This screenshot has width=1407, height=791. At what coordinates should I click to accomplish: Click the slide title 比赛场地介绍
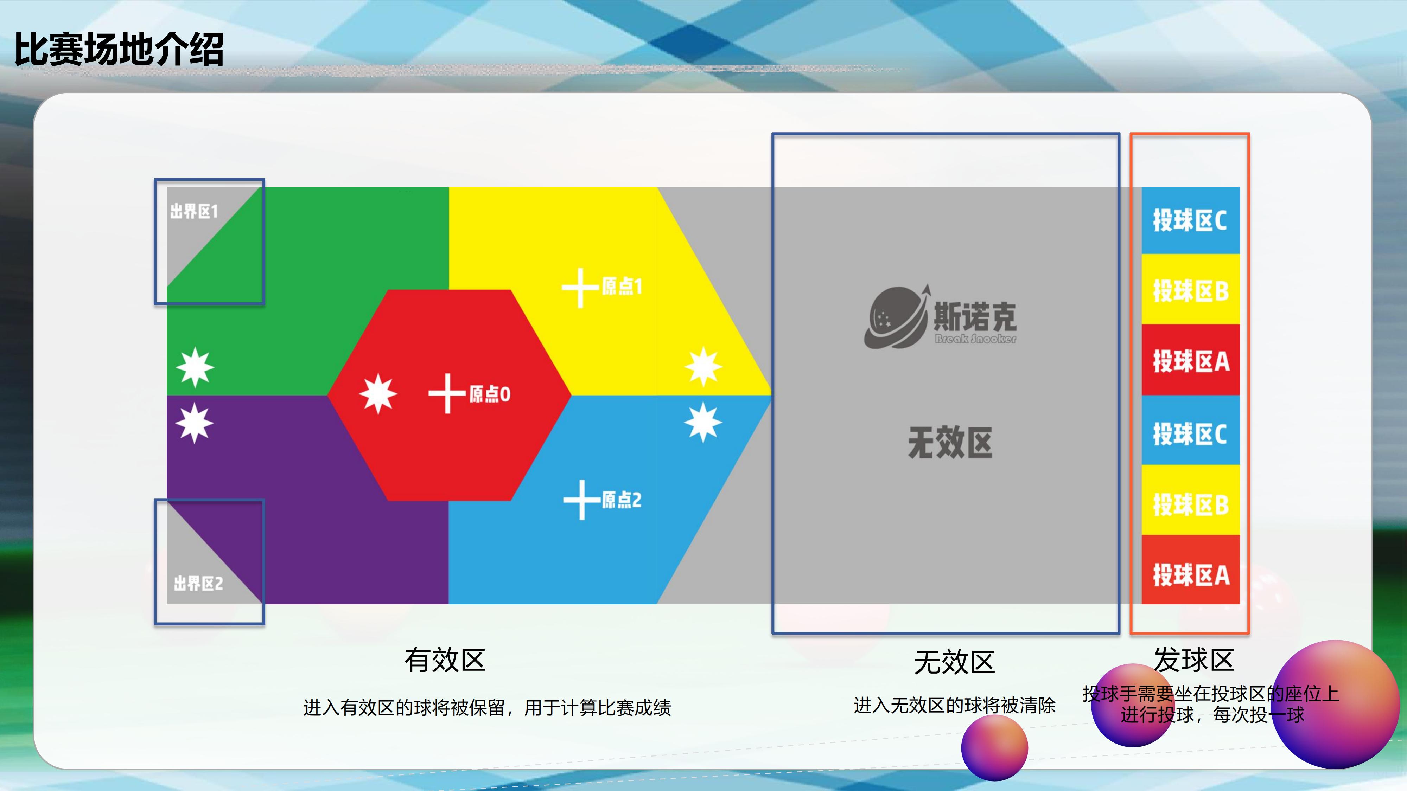coord(119,49)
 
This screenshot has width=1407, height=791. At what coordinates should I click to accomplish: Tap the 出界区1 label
coord(194,211)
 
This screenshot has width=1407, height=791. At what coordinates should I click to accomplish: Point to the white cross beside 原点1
coord(580,288)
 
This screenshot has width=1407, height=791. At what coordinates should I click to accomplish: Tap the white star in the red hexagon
coord(378,394)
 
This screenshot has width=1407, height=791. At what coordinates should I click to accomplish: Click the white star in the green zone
coord(195,367)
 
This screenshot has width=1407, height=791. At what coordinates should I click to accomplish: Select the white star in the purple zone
coord(195,423)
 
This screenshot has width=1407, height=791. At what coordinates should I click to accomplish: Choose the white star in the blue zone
coord(703,422)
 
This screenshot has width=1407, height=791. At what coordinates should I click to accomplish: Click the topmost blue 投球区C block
coord(1191,220)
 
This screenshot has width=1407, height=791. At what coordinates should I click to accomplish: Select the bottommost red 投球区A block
coord(1191,570)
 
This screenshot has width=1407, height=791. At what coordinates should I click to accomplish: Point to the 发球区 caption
coord(1194,660)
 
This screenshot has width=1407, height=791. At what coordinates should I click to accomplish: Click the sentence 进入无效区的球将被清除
coord(955,705)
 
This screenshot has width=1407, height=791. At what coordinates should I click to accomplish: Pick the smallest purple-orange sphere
coord(995,748)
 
